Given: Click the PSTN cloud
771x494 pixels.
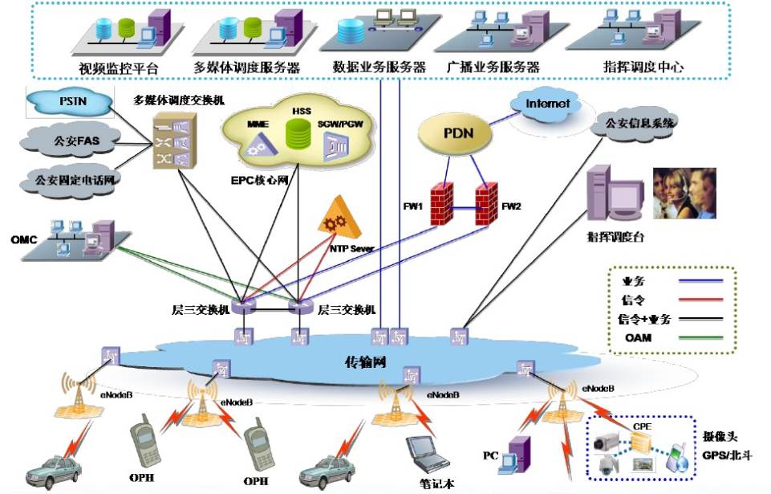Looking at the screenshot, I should [x=72, y=102].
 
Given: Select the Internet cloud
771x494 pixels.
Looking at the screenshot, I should [x=548, y=104].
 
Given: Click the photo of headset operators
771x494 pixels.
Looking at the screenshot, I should [x=684, y=193].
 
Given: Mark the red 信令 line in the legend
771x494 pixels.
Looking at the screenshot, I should [x=700, y=299].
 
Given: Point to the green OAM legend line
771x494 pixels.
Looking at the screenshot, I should [x=700, y=338].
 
